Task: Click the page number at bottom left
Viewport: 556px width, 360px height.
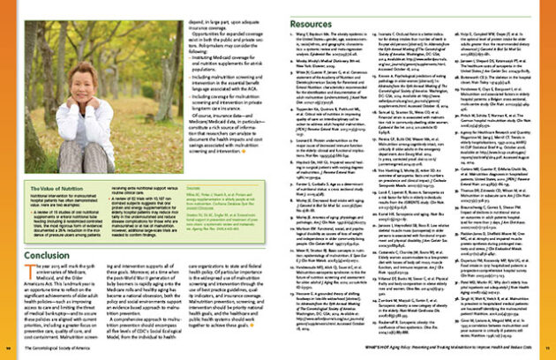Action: tap(7, 351)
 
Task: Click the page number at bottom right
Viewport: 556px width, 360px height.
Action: tap(548, 351)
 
